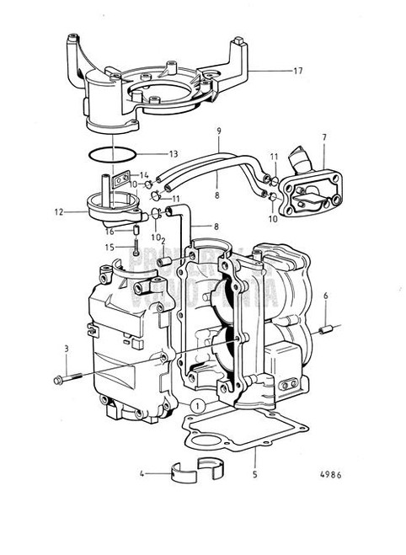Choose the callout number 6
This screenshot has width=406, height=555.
click(326, 295)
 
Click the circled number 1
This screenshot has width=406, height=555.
click(196, 406)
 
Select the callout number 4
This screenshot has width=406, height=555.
click(143, 475)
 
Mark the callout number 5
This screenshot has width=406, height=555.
click(255, 475)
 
